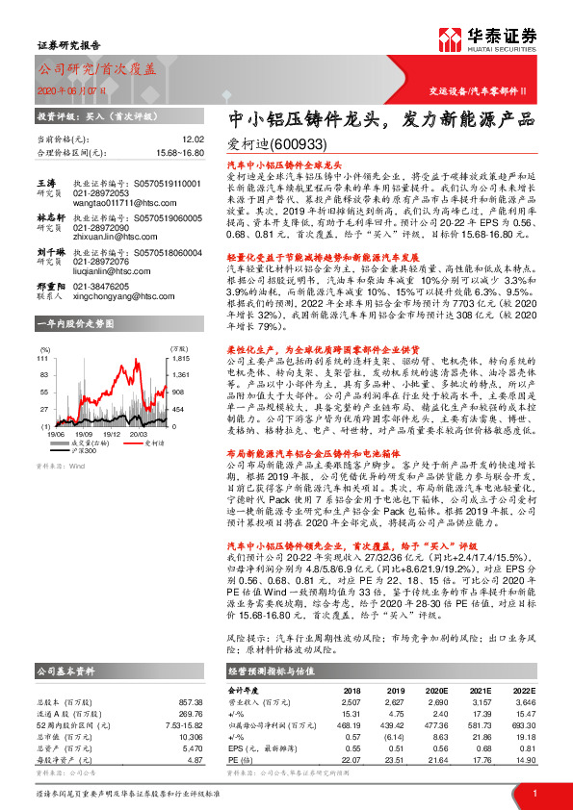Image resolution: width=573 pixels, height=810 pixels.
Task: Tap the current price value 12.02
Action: (x=193, y=139)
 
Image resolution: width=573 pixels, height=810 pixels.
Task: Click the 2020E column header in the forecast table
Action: (x=435, y=663)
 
